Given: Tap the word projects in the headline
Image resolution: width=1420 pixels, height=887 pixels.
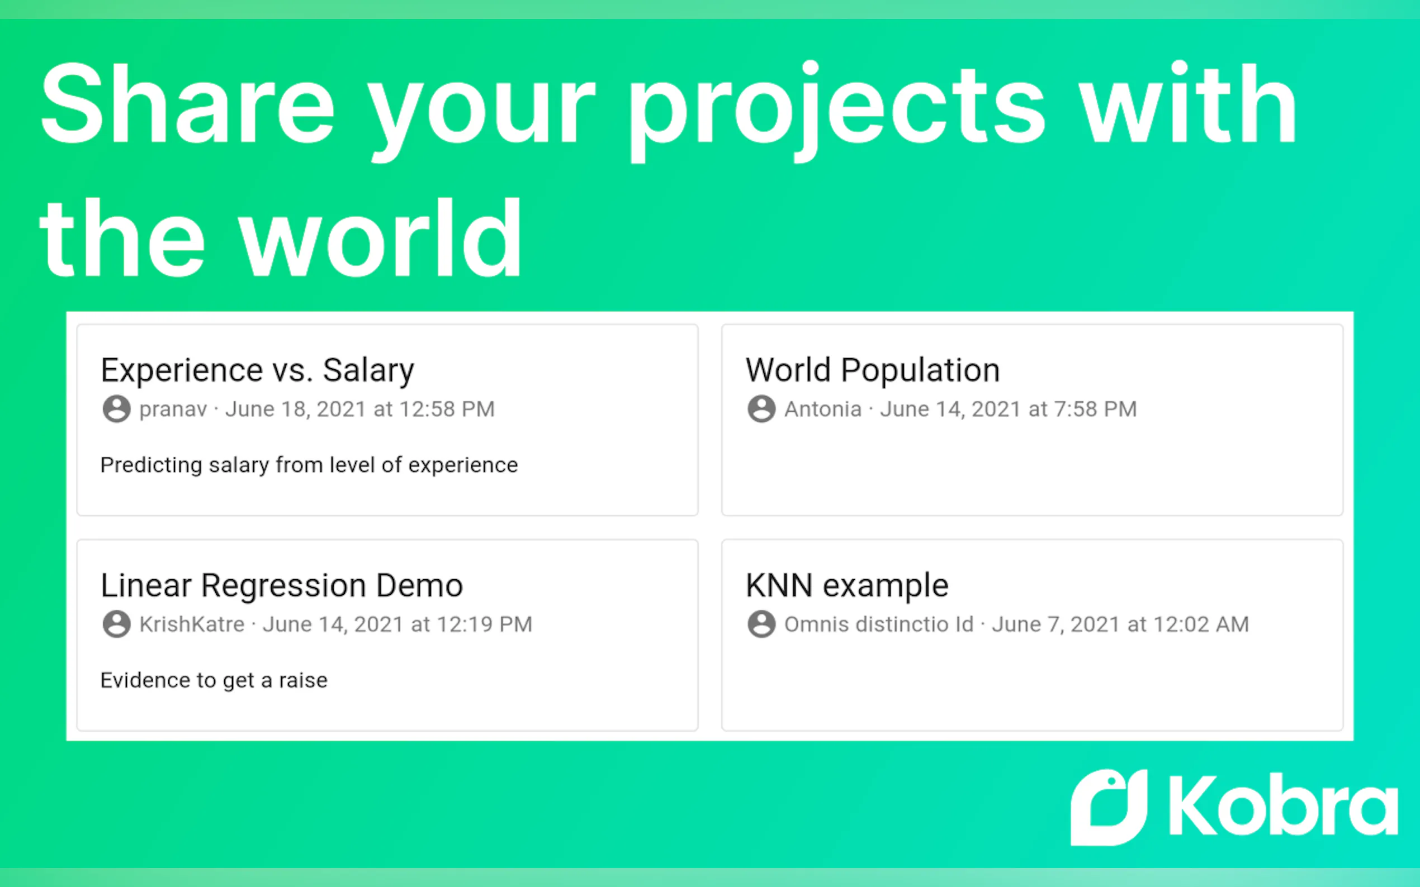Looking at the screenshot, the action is coord(837,112).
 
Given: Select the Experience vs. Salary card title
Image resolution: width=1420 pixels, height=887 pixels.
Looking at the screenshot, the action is coord(257,370).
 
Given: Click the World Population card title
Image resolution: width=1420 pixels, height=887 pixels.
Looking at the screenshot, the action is coord(872,370).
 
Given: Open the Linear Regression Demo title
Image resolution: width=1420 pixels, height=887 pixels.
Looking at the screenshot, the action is coord(282,585).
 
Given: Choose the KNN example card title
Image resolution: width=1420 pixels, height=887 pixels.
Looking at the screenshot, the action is coord(847,585).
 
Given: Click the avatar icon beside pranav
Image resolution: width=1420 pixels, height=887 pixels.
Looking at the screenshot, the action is coord(116,409).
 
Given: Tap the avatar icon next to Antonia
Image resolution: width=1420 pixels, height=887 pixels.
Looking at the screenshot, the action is coord(761,409).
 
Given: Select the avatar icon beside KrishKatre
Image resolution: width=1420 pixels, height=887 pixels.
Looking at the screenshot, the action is coord(116,624).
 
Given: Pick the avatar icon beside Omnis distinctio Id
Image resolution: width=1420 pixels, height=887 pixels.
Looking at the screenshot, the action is coord(761,624).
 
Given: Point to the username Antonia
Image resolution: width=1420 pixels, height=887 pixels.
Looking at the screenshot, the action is coord(823,409).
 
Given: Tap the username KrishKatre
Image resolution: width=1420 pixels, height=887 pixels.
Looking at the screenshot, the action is coord(192,624).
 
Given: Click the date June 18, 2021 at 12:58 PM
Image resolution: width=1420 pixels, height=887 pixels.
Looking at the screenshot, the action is coord(360,409).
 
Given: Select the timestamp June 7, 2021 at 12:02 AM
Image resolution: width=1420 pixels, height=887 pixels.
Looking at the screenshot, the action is coord(1120,624).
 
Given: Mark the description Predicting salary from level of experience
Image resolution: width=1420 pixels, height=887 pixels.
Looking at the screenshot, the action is coord(309,465).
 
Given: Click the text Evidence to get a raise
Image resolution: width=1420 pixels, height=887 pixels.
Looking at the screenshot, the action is coord(214,680).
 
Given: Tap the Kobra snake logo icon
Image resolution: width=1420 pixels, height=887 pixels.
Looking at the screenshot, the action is coord(1109,807).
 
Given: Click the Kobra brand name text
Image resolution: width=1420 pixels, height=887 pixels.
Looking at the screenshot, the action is coord(1283,804).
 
